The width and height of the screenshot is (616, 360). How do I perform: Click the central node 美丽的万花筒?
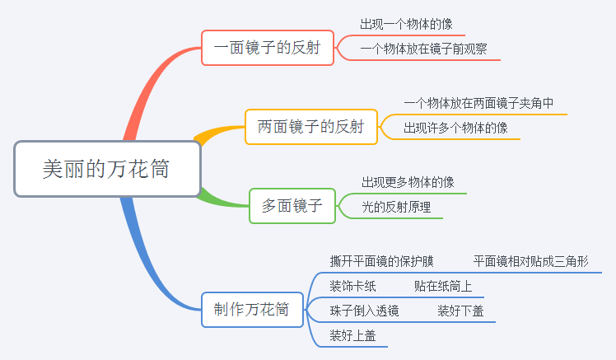click(x=107, y=169)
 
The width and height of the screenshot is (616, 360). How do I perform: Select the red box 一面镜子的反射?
click(x=268, y=48)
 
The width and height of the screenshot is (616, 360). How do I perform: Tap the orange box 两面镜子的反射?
click(x=311, y=127)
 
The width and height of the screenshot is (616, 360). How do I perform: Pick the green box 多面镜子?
click(x=292, y=206)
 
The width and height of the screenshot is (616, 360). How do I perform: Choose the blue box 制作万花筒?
click(x=252, y=310)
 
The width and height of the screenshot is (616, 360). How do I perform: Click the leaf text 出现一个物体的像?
click(x=406, y=25)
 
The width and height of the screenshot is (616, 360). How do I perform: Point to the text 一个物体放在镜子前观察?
click(x=423, y=49)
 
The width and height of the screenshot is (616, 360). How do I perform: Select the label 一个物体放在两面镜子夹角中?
click(x=478, y=103)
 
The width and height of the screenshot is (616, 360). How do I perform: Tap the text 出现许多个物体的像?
click(x=455, y=128)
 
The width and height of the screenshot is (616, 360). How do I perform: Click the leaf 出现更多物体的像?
click(x=408, y=182)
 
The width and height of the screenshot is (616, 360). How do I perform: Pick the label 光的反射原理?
click(x=396, y=207)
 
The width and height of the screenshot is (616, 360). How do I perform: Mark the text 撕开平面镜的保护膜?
click(x=381, y=261)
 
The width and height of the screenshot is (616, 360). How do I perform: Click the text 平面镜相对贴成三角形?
click(x=530, y=261)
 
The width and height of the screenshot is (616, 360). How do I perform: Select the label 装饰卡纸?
click(x=352, y=286)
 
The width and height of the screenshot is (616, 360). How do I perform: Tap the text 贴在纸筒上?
click(x=443, y=286)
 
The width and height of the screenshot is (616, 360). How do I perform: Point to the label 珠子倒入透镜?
click(x=364, y=311)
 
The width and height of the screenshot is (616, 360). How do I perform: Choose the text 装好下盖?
click(x=460, y=311)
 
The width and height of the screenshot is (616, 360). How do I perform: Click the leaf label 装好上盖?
click(x=352, y=335)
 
